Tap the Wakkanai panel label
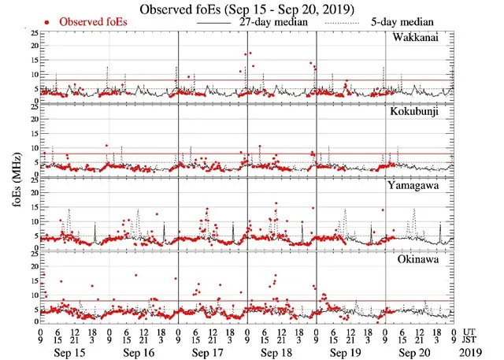[421, 39]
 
